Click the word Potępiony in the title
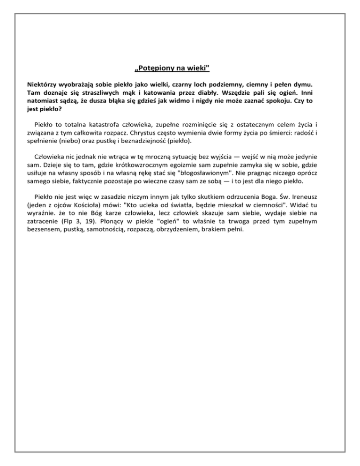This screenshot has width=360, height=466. click(x=154, y=69)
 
